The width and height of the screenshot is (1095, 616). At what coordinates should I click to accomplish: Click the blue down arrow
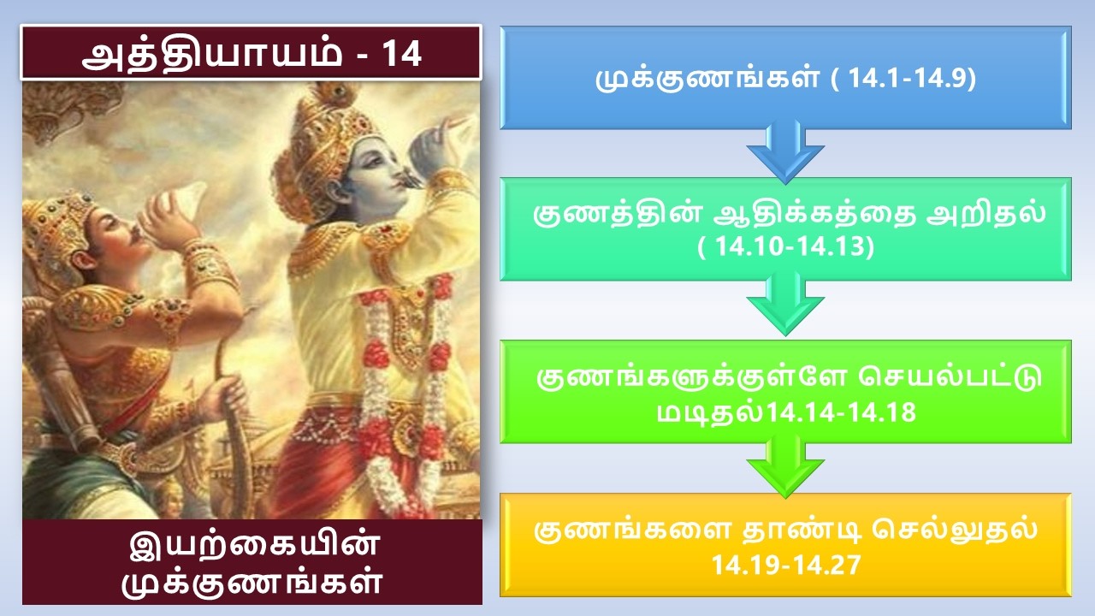click(785, 153)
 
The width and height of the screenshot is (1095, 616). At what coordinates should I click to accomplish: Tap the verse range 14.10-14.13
click(785, 246)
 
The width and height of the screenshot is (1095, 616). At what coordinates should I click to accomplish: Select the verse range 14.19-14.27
click(785, 564)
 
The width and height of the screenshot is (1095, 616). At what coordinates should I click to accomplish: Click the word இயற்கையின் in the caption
click(253, 545)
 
